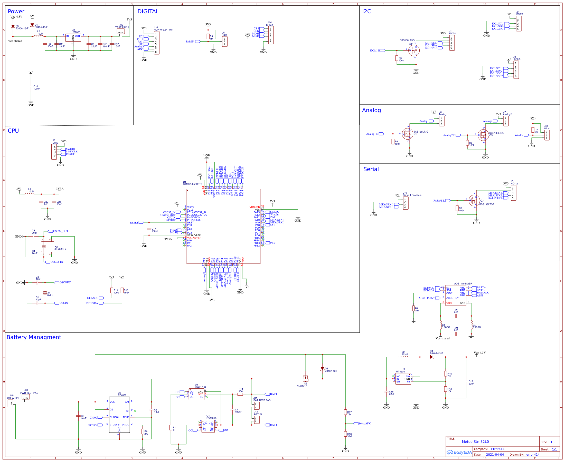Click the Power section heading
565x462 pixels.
tap(16, 12)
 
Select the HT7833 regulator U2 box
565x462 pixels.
tap(73, 37)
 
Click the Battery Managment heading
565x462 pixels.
tap(34, 337)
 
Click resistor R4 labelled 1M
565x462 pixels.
tap(208, 36)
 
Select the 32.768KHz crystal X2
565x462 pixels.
tap(48, 247)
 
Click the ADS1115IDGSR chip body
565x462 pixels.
tap(456, 295)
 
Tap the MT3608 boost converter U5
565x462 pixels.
tap(403, 379)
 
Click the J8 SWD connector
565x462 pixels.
tap(54, 152)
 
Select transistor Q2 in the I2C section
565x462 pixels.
tap(414, 50)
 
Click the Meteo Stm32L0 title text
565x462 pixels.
tap(475, 441)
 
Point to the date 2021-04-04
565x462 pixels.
tap(495, 455)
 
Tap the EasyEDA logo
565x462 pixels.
tap(459, 452)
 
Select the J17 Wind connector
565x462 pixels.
tap(547, 135)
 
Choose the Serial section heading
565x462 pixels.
tap(371, 169)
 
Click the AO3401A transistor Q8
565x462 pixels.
tap(306, 378)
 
